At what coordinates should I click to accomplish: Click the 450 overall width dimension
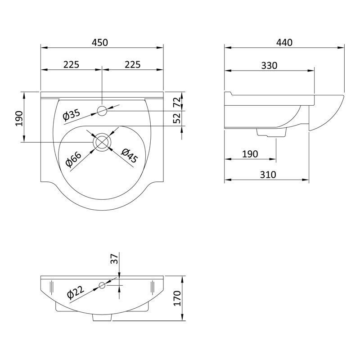coord(100,43)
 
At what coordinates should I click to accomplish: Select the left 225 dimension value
coord(71,64)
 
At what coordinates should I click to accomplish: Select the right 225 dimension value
coord(132,64)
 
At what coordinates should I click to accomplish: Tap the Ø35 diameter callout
coord(72,115)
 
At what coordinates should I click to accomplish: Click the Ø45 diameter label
coord(129,155)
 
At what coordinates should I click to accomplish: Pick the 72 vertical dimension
coord(177,102)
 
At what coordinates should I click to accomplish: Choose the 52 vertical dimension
coord(177,118)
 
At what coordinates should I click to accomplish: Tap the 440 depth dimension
coord(284,43)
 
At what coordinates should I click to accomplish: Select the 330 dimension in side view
coord(269,65)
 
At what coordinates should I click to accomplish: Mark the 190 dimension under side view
coord(250,154)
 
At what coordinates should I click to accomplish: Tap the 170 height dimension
coord(177,298)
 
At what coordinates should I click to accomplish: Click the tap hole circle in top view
coord(103,111)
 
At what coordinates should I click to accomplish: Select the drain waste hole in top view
coord(103,141)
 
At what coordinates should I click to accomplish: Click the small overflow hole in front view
coord(103,285)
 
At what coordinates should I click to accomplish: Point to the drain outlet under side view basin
coord(271,133)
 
